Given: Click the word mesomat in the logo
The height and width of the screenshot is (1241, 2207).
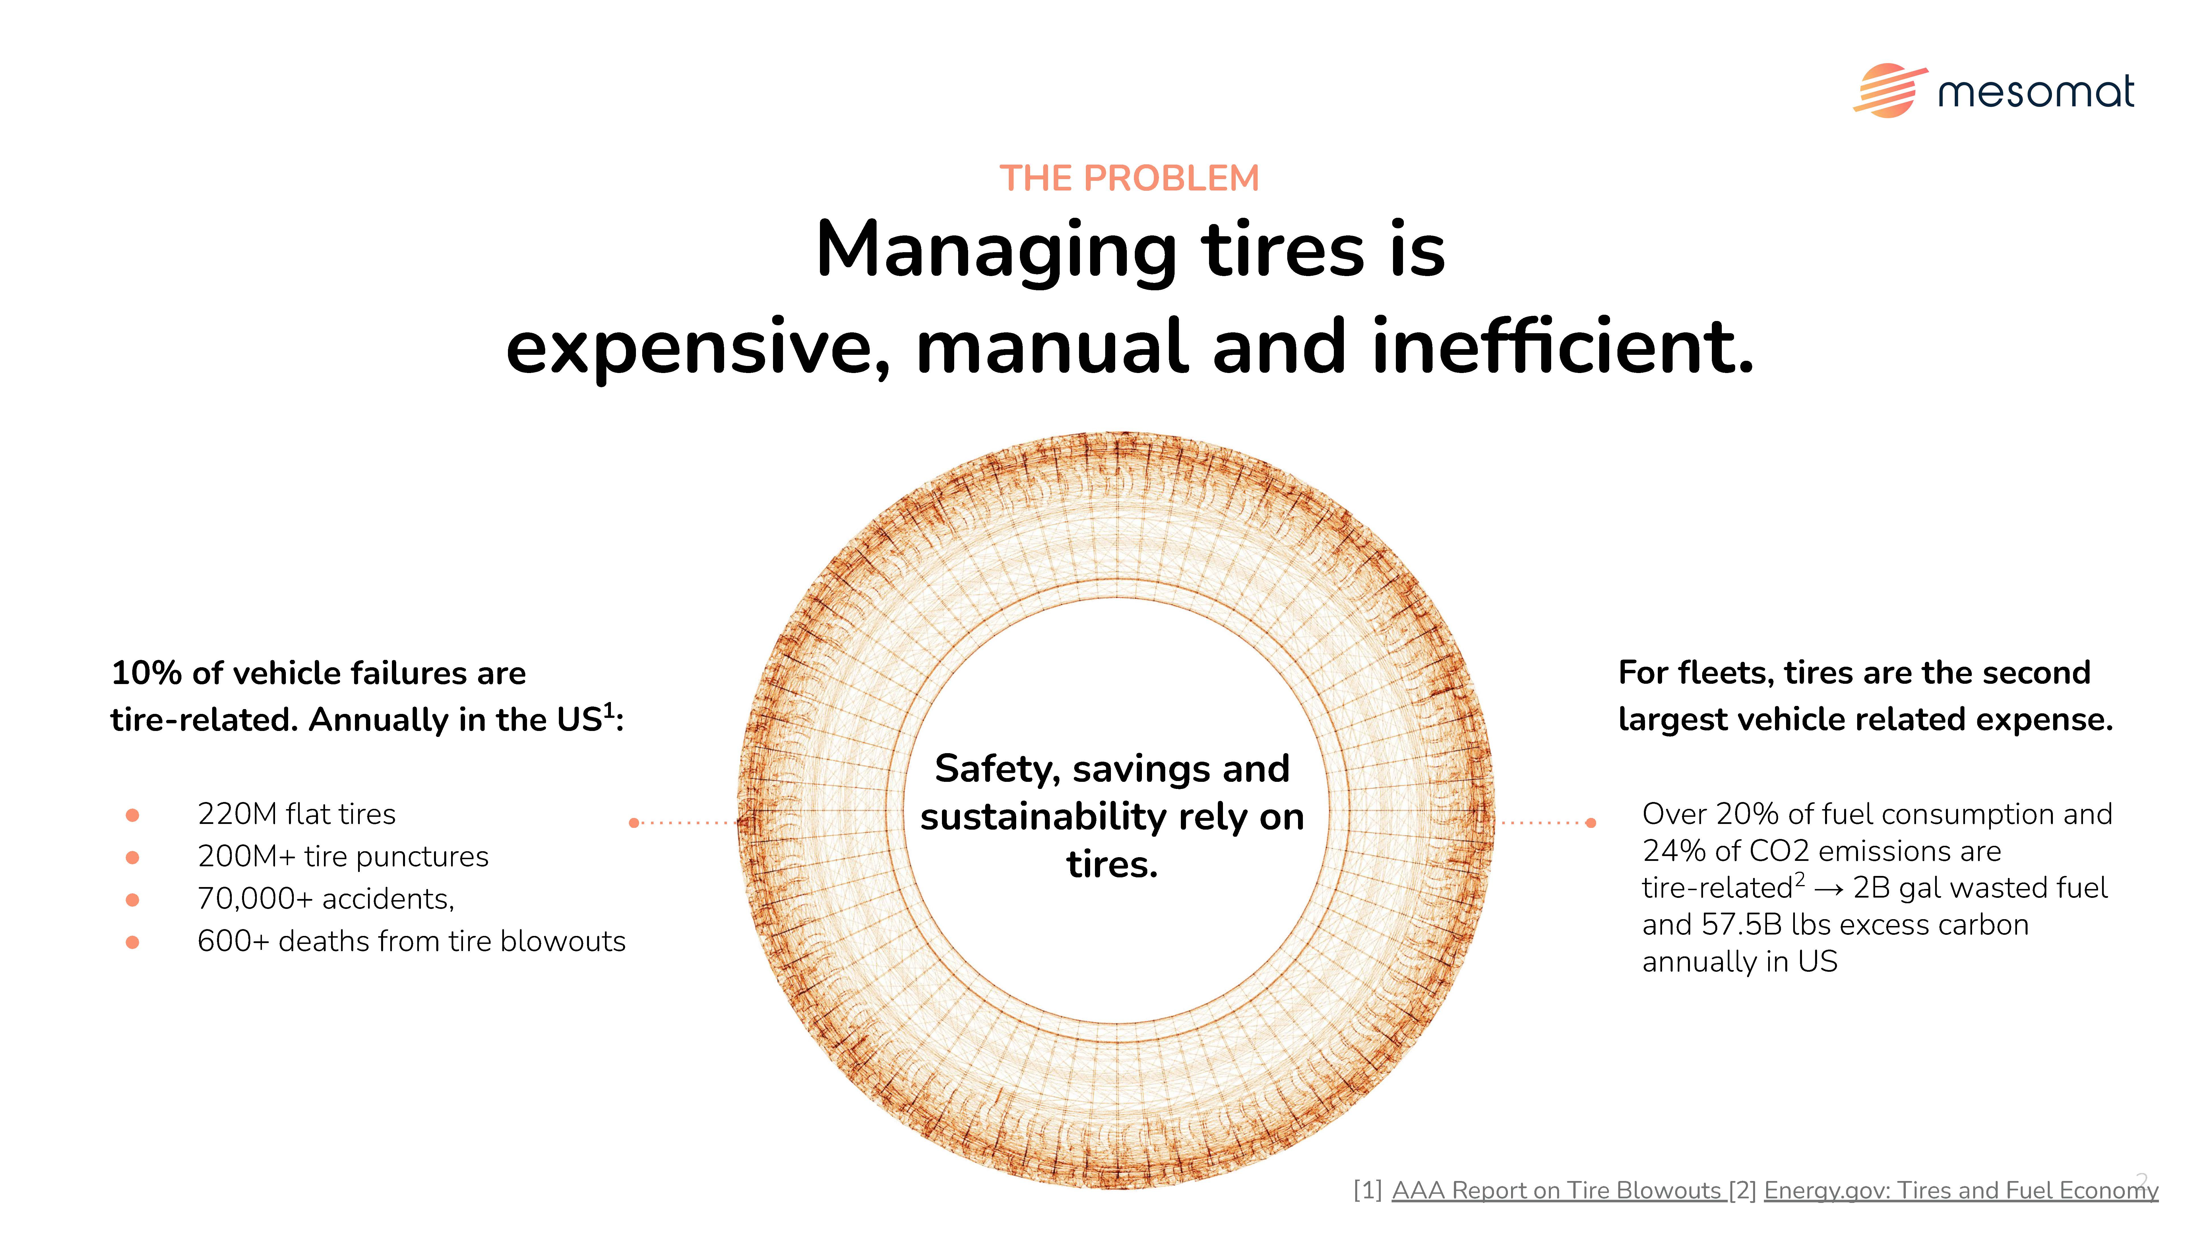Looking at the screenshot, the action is (2036, 92).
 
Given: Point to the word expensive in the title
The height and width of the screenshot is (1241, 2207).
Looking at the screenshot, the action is (698, 349).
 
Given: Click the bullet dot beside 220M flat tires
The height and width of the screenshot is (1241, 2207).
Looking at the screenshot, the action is (132, 815).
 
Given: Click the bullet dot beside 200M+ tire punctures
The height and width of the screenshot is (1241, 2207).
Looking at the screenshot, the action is (132, 857).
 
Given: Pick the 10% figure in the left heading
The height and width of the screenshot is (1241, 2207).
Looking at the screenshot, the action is (146, 673).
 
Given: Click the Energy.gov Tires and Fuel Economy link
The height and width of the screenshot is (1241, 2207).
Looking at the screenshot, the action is (1961, 1190).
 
